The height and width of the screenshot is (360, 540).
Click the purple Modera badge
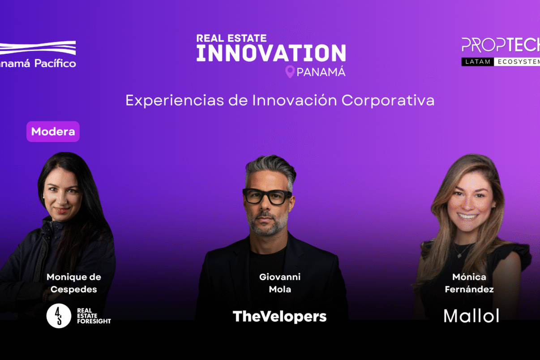(x=53, y=131)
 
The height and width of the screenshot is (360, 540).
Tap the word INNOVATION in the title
(x=271, y=53)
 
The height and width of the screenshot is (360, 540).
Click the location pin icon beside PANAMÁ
(x=290, y=72)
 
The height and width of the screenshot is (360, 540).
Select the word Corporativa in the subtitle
(x=388, y=101)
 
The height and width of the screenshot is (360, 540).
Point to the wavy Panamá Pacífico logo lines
(x=38, y=47)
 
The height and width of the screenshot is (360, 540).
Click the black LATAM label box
(x=478, y=62)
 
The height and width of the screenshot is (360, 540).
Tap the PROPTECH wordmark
(x=501, y=45)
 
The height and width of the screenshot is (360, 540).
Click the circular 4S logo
(x=59, y=316)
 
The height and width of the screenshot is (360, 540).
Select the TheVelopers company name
(x=280, y=317)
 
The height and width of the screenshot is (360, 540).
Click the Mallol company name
(x=471, y=316)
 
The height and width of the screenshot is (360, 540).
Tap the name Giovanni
(x=280, y=277)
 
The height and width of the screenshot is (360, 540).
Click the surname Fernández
(x=469, y=289)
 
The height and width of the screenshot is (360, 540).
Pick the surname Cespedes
(x=74, y=290)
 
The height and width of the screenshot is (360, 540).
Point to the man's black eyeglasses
(x=267, y=196)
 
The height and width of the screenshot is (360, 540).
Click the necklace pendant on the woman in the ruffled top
(x=460, y=256)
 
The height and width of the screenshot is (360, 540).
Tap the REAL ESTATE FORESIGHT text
(x=94, y=316)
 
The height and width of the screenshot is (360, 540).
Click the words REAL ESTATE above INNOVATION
(x=231, y=39)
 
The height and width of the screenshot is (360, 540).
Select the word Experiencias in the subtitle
(x=175, y=100)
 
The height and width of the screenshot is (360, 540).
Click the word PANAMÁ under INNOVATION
(x=321, y=72)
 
